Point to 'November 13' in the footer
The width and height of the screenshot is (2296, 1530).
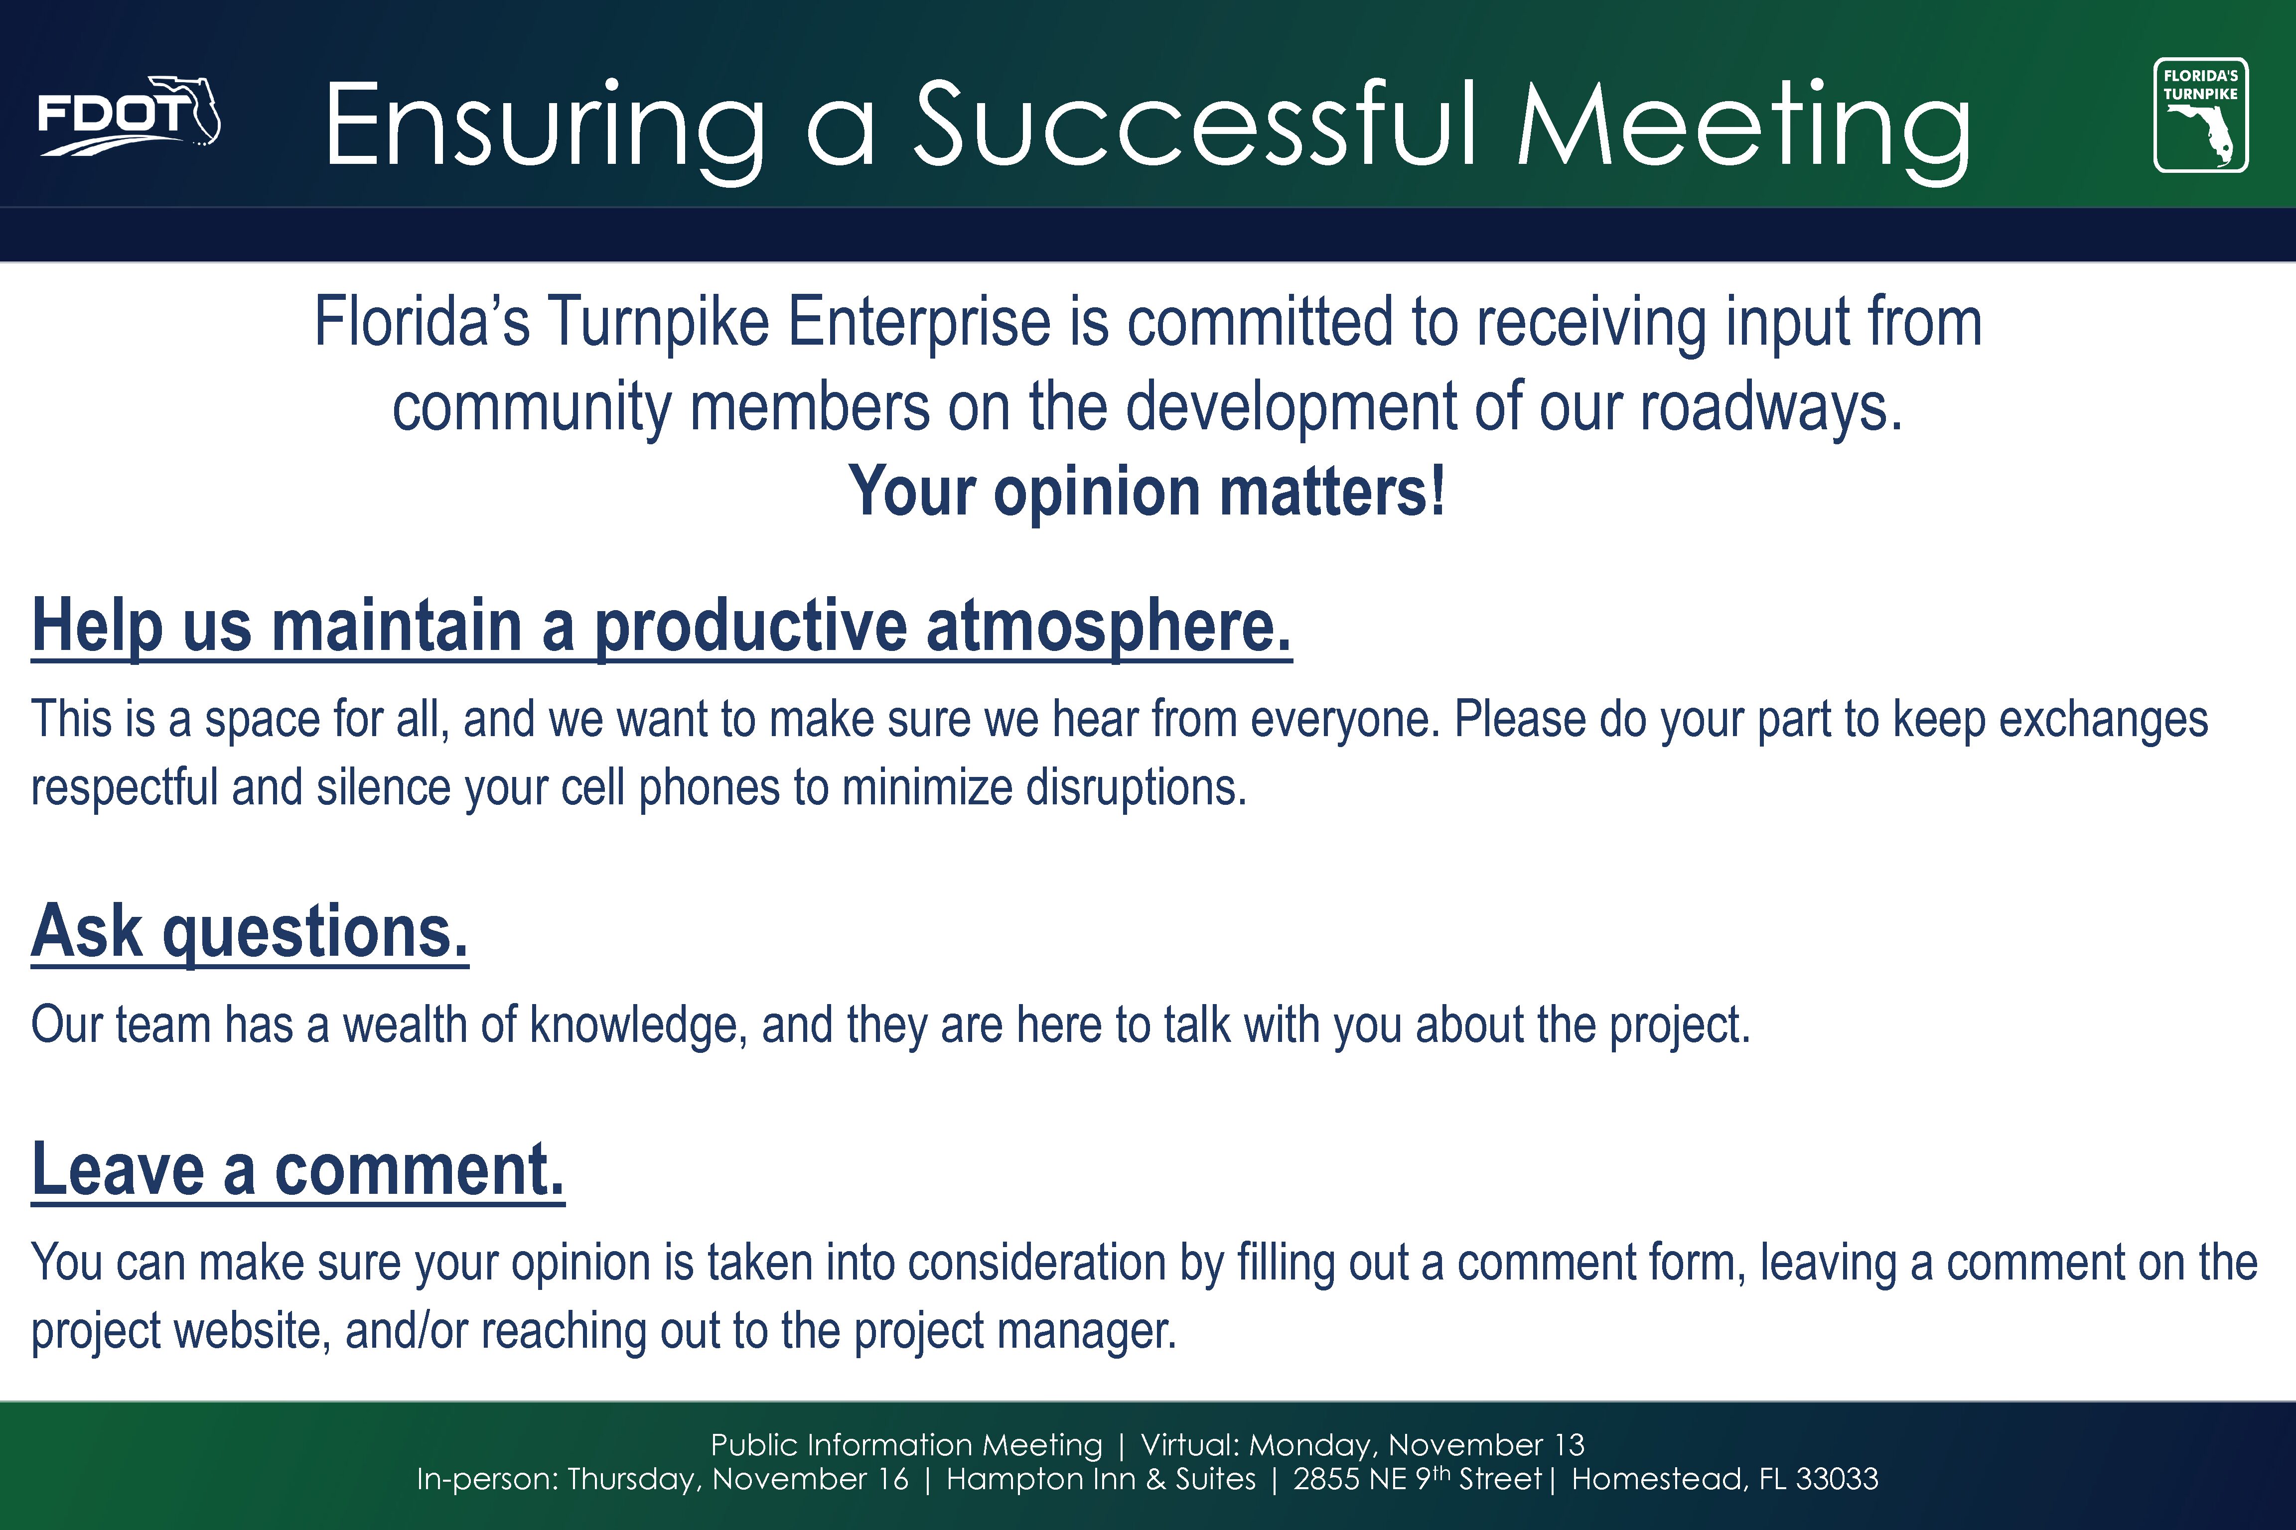pos(1487,1444)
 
